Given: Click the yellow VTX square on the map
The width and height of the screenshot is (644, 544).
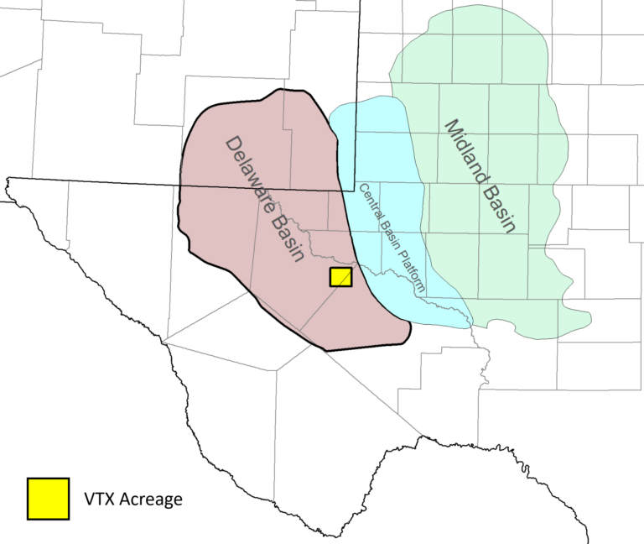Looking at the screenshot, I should pos(340,278).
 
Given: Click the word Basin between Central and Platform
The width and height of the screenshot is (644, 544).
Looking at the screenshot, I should pos(390,233).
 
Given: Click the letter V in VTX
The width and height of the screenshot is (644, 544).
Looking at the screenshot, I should pos(88,500).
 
